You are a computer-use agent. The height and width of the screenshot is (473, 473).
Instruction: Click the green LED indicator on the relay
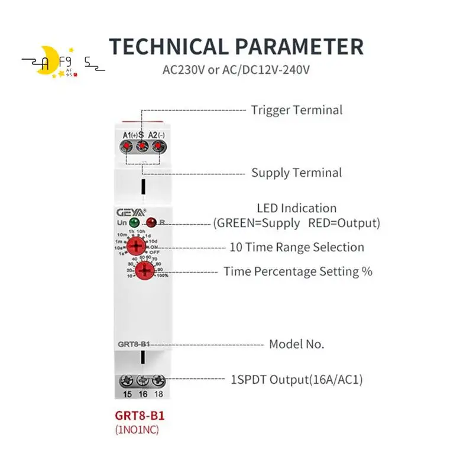point(134,223)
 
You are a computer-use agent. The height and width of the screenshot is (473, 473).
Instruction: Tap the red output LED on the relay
point(151,223)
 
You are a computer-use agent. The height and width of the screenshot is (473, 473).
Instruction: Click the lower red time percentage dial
point(144,271)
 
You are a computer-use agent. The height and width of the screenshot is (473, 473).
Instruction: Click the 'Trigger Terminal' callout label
point(296,110)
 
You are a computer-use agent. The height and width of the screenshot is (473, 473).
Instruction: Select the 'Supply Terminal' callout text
point(296,173)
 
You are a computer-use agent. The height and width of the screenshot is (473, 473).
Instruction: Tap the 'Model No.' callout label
point(296,344)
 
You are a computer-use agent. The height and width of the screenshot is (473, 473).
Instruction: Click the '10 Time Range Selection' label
point(296,247)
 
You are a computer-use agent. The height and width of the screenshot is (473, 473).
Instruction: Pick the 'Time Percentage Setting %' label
point(298,271)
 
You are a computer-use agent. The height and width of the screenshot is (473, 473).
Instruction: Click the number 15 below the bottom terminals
point(127,394)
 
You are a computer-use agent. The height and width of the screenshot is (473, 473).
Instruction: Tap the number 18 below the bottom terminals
point(158,394)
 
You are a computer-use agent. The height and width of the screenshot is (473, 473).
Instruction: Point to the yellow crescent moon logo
point(47,63)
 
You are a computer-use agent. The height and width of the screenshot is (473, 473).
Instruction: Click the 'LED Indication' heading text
point(296,208)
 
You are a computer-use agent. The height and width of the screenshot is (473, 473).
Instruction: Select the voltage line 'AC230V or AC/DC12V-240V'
point(237,70)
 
